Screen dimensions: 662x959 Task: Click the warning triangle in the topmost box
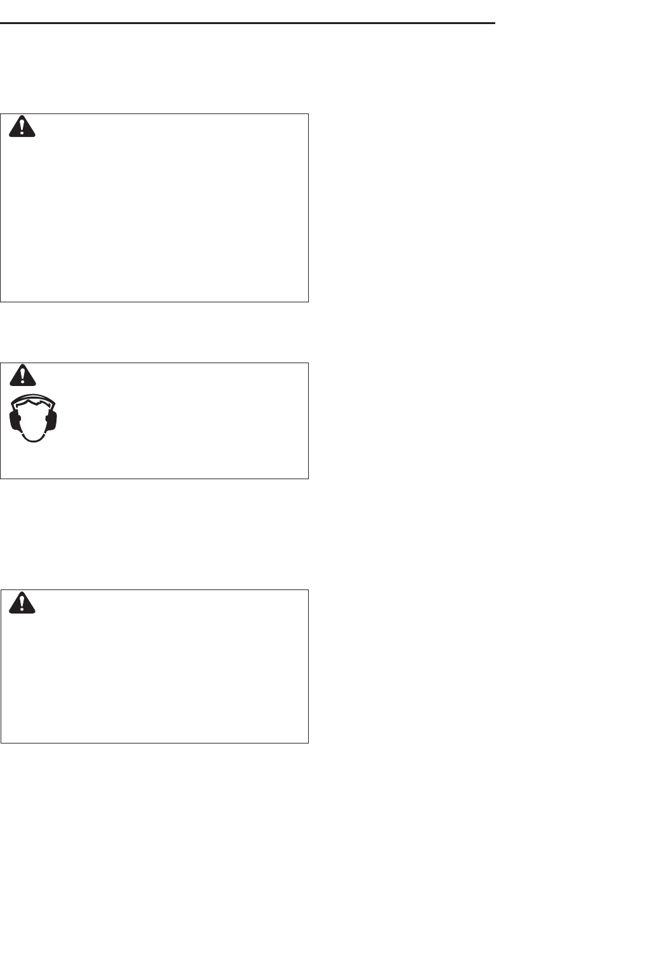click(x=23, y=127)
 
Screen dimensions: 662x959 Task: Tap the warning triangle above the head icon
click(x=23, y=377)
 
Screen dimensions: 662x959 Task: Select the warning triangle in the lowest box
click(x=23, y=603)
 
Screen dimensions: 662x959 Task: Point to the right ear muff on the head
click(x=53, y=419)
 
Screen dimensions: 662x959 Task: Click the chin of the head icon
click(x=34, y=439)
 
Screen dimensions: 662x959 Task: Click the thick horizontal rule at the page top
click(x=247, y=23)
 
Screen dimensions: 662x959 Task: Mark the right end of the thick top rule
click(x=493, y=23)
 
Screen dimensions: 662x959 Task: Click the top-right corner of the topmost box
click(x=308, y=114)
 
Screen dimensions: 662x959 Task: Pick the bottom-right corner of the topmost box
click(x=308, y=301)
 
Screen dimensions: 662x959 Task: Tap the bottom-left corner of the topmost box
click(x=1, y=301)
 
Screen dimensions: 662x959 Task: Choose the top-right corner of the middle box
click(x=308, y=363)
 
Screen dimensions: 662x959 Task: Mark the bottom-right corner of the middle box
click(x=308, y=478)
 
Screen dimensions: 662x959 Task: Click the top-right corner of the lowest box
click(x=308, y=590)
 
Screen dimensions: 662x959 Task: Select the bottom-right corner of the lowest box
click(x=308, y=742)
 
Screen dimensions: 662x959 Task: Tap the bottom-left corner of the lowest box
click(x=1, y=742)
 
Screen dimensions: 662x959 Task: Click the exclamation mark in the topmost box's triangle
click(x=23, y=129)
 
